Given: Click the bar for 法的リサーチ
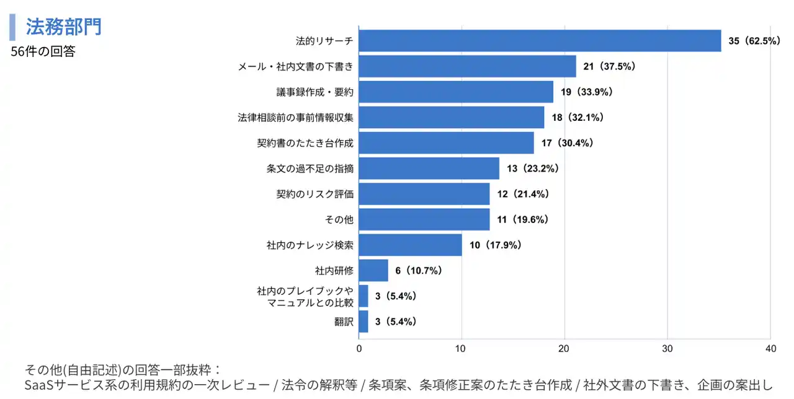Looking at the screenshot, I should (540, 41).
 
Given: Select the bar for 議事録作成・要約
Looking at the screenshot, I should (456, 92).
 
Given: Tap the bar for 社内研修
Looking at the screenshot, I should (373, 270).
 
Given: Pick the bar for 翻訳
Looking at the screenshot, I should (364, 322).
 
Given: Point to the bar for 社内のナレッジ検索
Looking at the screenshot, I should (410, 245).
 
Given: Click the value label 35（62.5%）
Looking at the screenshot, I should (754, 41).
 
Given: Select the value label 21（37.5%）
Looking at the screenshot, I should (609, 66).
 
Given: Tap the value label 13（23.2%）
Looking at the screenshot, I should (533, 169).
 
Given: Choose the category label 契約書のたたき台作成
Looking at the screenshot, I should (305, 143).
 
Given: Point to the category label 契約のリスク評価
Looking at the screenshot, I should (314, 194).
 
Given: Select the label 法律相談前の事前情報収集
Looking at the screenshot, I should (295, 118).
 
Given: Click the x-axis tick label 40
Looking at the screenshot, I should (770, 349).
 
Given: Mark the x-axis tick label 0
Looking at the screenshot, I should (359, 349).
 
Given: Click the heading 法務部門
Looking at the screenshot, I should (63, 27).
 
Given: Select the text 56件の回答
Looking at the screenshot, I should (43, 52).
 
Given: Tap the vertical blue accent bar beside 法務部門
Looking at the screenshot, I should (12, 27).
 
